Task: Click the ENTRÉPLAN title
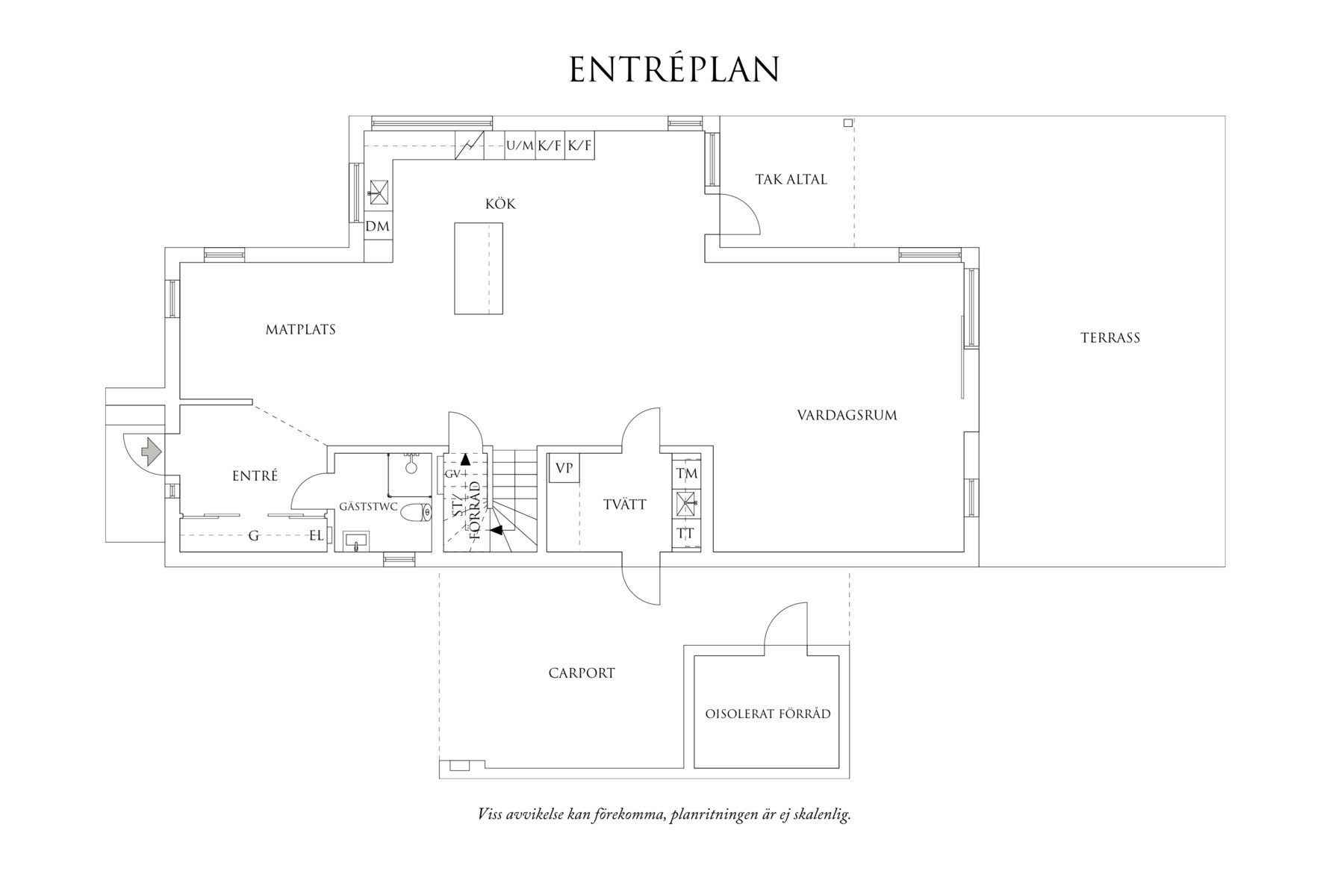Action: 674,69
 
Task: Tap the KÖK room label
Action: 500,204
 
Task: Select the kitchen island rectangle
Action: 479,269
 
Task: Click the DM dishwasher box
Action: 378,225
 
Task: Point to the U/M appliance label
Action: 520,146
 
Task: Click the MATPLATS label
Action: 301,329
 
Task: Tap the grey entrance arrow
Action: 152,451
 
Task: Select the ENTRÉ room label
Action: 255,475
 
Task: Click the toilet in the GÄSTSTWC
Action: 417,513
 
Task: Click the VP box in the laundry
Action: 564,469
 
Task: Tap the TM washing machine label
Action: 686,473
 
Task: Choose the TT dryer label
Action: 685,534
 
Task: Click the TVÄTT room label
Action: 625,505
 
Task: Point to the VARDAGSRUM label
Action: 847,415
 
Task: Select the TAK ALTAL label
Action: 791,179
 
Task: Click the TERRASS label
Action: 1110,337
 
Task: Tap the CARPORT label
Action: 582,673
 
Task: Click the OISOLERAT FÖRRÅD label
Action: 768,714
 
